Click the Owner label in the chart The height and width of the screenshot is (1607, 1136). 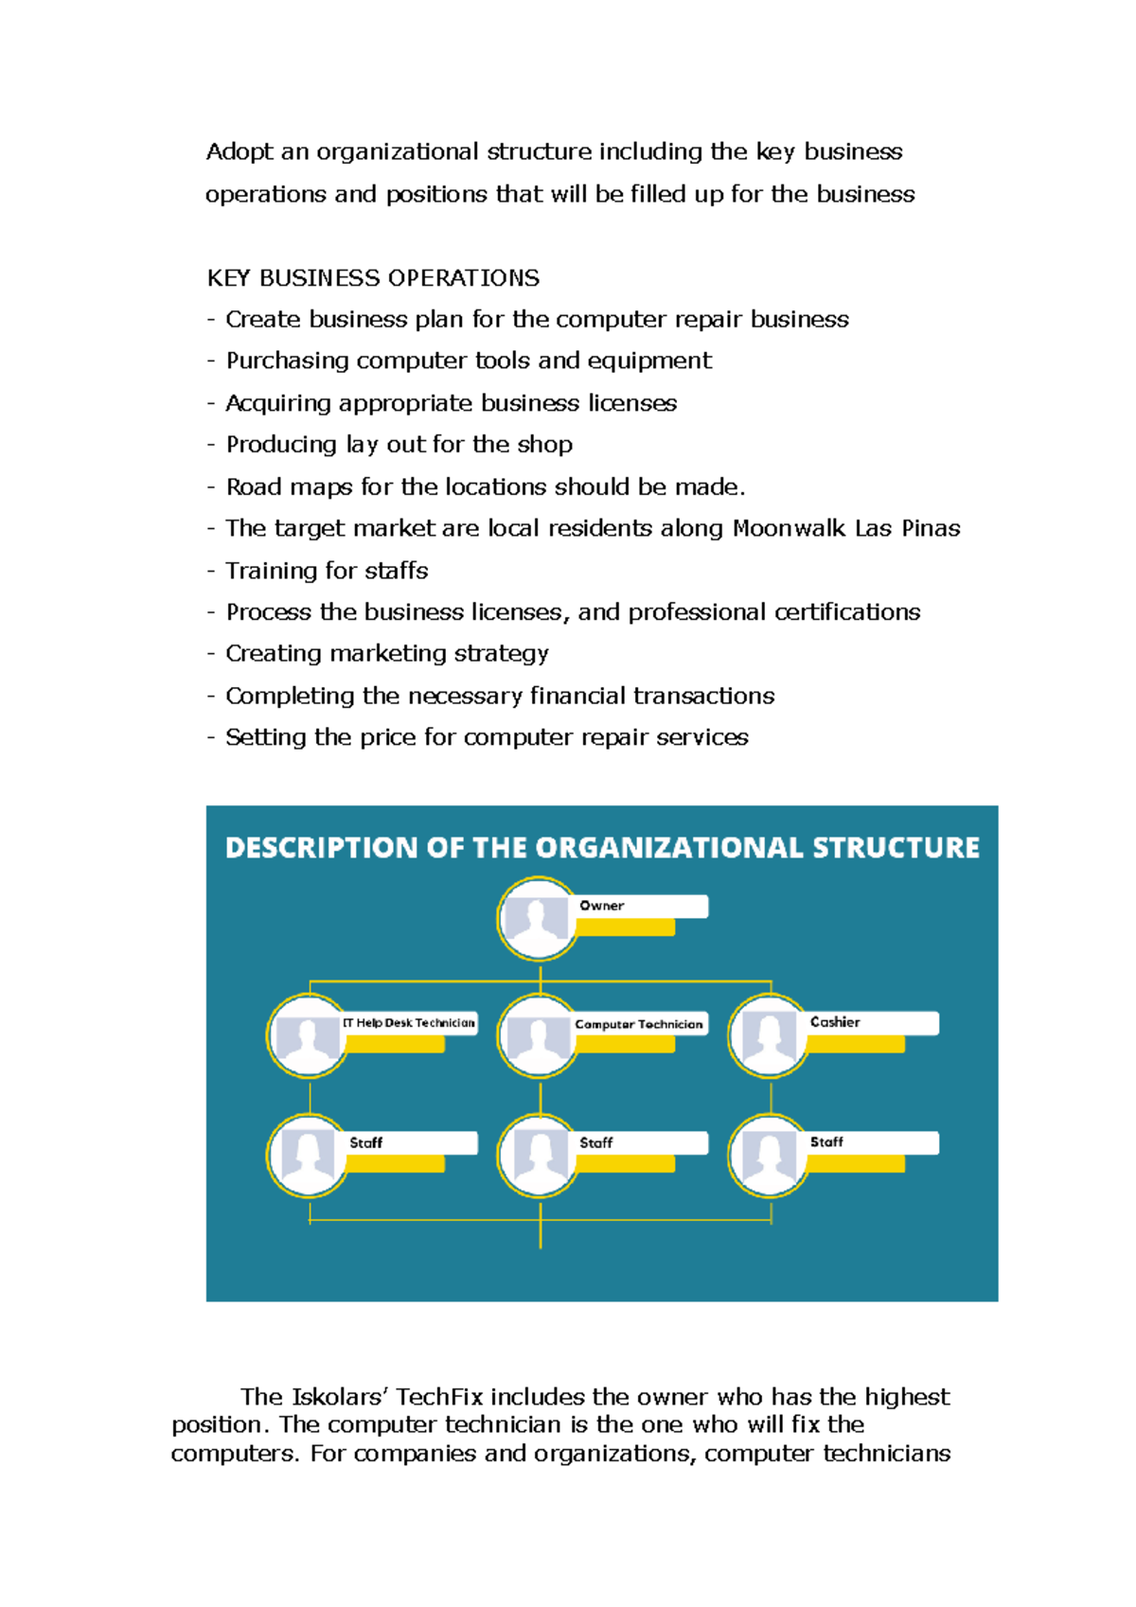click(602, 906)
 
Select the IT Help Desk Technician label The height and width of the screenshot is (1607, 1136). click(409, 1023)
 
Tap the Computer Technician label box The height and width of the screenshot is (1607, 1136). click(639, 1024)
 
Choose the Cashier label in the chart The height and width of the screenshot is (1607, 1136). click(835, 1022)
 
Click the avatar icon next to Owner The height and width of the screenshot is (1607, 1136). click(537, 919)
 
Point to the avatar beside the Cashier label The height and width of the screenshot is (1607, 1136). click(768, 1036)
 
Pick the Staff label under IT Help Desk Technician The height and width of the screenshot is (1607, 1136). click(366, 1143)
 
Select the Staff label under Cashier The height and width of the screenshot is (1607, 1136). click(826, 1142)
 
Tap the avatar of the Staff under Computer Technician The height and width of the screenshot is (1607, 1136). click(538, 1156)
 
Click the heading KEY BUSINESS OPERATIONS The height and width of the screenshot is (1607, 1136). click(373, 278)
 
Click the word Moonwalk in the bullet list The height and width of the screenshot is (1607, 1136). click(790, 528)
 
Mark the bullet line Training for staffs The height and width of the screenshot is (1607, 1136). click(327, 571)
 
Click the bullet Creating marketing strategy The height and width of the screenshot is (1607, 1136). click(386, 654)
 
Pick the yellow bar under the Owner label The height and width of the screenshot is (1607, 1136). click(625, 928)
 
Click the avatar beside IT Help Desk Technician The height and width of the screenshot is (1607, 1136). click(308, 1036)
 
